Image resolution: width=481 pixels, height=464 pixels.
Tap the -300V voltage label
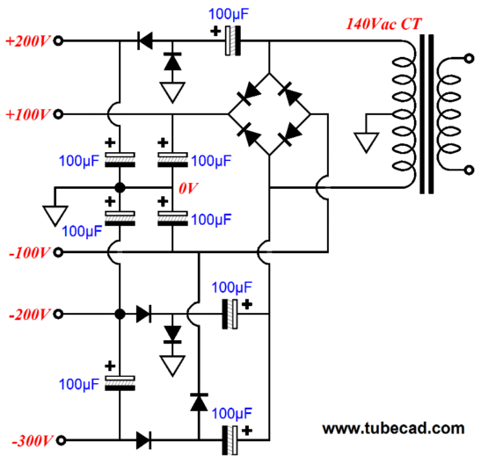click(28, 439)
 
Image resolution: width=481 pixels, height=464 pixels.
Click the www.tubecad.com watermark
click(393, 428)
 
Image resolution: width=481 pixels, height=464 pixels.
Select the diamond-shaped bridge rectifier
click(268, 113)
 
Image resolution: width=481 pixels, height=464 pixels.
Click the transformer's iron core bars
click(428, 114)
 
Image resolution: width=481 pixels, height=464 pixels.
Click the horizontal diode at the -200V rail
click(144, 313)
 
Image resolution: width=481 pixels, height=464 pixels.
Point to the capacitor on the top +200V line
click(230, 40)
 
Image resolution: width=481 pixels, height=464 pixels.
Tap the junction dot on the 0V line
click(119, 188)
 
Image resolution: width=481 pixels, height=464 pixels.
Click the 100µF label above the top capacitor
click(231, 14)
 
